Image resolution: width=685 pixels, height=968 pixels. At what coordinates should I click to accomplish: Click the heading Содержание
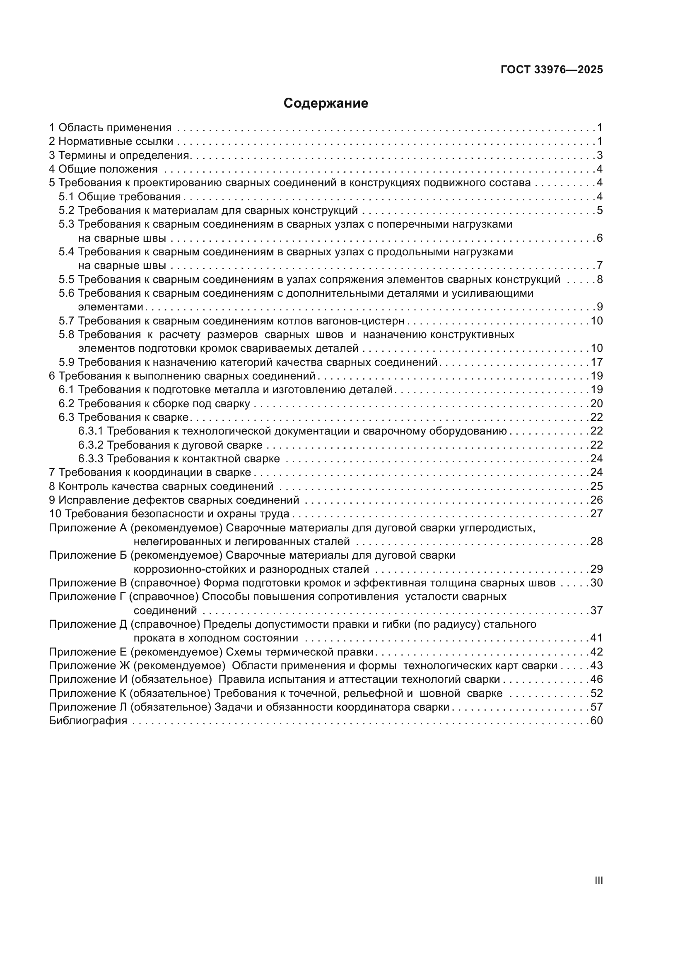[326, 103]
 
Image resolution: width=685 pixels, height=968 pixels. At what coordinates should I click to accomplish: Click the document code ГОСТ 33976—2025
[552, 70]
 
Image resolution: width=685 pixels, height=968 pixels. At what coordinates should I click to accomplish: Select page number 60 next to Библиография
[596, 721]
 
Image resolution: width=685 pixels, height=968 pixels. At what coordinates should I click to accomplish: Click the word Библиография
[88, 721]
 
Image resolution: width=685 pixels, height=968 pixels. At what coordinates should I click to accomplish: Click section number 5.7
[66, 321]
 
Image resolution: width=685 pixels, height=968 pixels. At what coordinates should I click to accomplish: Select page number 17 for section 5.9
[596, 362]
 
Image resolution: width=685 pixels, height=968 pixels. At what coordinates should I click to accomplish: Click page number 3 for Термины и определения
[599, 155]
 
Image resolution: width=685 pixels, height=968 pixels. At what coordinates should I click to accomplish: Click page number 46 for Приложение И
[596, 679]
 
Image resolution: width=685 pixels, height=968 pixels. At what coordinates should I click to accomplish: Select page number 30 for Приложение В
[596, 583]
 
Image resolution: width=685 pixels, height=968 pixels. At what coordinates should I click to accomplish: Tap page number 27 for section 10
[596, 514]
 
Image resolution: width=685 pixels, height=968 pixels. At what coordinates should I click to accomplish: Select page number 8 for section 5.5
[599, 279]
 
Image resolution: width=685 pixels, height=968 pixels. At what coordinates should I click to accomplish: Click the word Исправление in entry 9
[87, 500]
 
